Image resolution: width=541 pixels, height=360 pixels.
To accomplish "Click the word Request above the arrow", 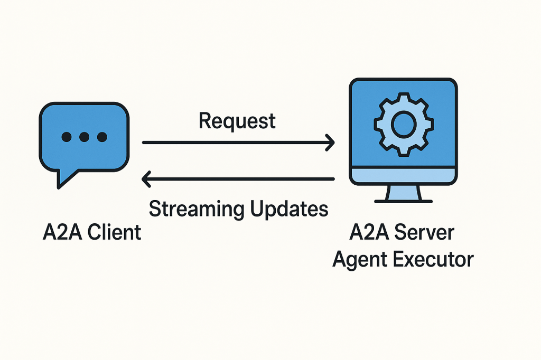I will point(237,121).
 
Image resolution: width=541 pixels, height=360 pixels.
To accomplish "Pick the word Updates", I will point(288,209).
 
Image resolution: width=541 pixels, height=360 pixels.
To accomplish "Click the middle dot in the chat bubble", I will point(84,137).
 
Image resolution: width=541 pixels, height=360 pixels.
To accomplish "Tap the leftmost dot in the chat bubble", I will point(67,137).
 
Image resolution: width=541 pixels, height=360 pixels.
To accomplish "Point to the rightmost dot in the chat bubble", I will point(101,137).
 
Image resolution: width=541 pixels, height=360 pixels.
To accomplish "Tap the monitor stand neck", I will point(404,192).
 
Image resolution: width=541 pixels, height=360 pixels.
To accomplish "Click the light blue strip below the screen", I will point(404,175).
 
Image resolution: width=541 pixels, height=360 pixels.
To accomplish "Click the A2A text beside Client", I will point(60,232).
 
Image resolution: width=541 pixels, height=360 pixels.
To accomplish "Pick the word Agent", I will point(358,260).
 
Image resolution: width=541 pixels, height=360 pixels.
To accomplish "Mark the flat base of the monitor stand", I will point(404,201).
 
